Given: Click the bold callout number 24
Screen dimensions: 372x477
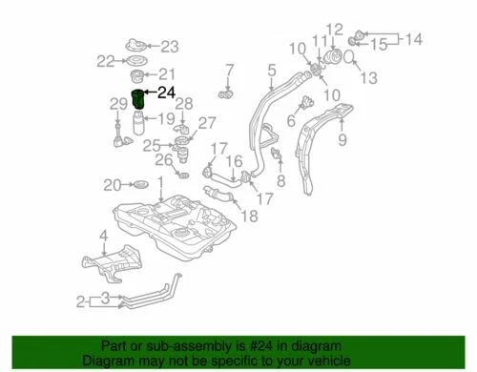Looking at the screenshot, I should (166, 93).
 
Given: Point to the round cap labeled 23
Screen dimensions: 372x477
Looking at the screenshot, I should (136, 46).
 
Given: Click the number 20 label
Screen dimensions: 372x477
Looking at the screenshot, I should (111, 184).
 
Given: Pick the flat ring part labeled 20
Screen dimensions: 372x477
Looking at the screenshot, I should (137, 184).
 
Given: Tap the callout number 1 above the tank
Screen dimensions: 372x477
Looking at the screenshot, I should (161, 180).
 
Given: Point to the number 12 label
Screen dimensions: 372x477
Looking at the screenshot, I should (333, 29).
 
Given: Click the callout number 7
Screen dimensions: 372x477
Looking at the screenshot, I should (229, 69).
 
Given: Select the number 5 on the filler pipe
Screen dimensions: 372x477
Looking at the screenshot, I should (271, 70).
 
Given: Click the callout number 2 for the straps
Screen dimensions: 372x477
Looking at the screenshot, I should (81, 302).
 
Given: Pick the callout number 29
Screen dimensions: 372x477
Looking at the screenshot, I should (117, 104).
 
